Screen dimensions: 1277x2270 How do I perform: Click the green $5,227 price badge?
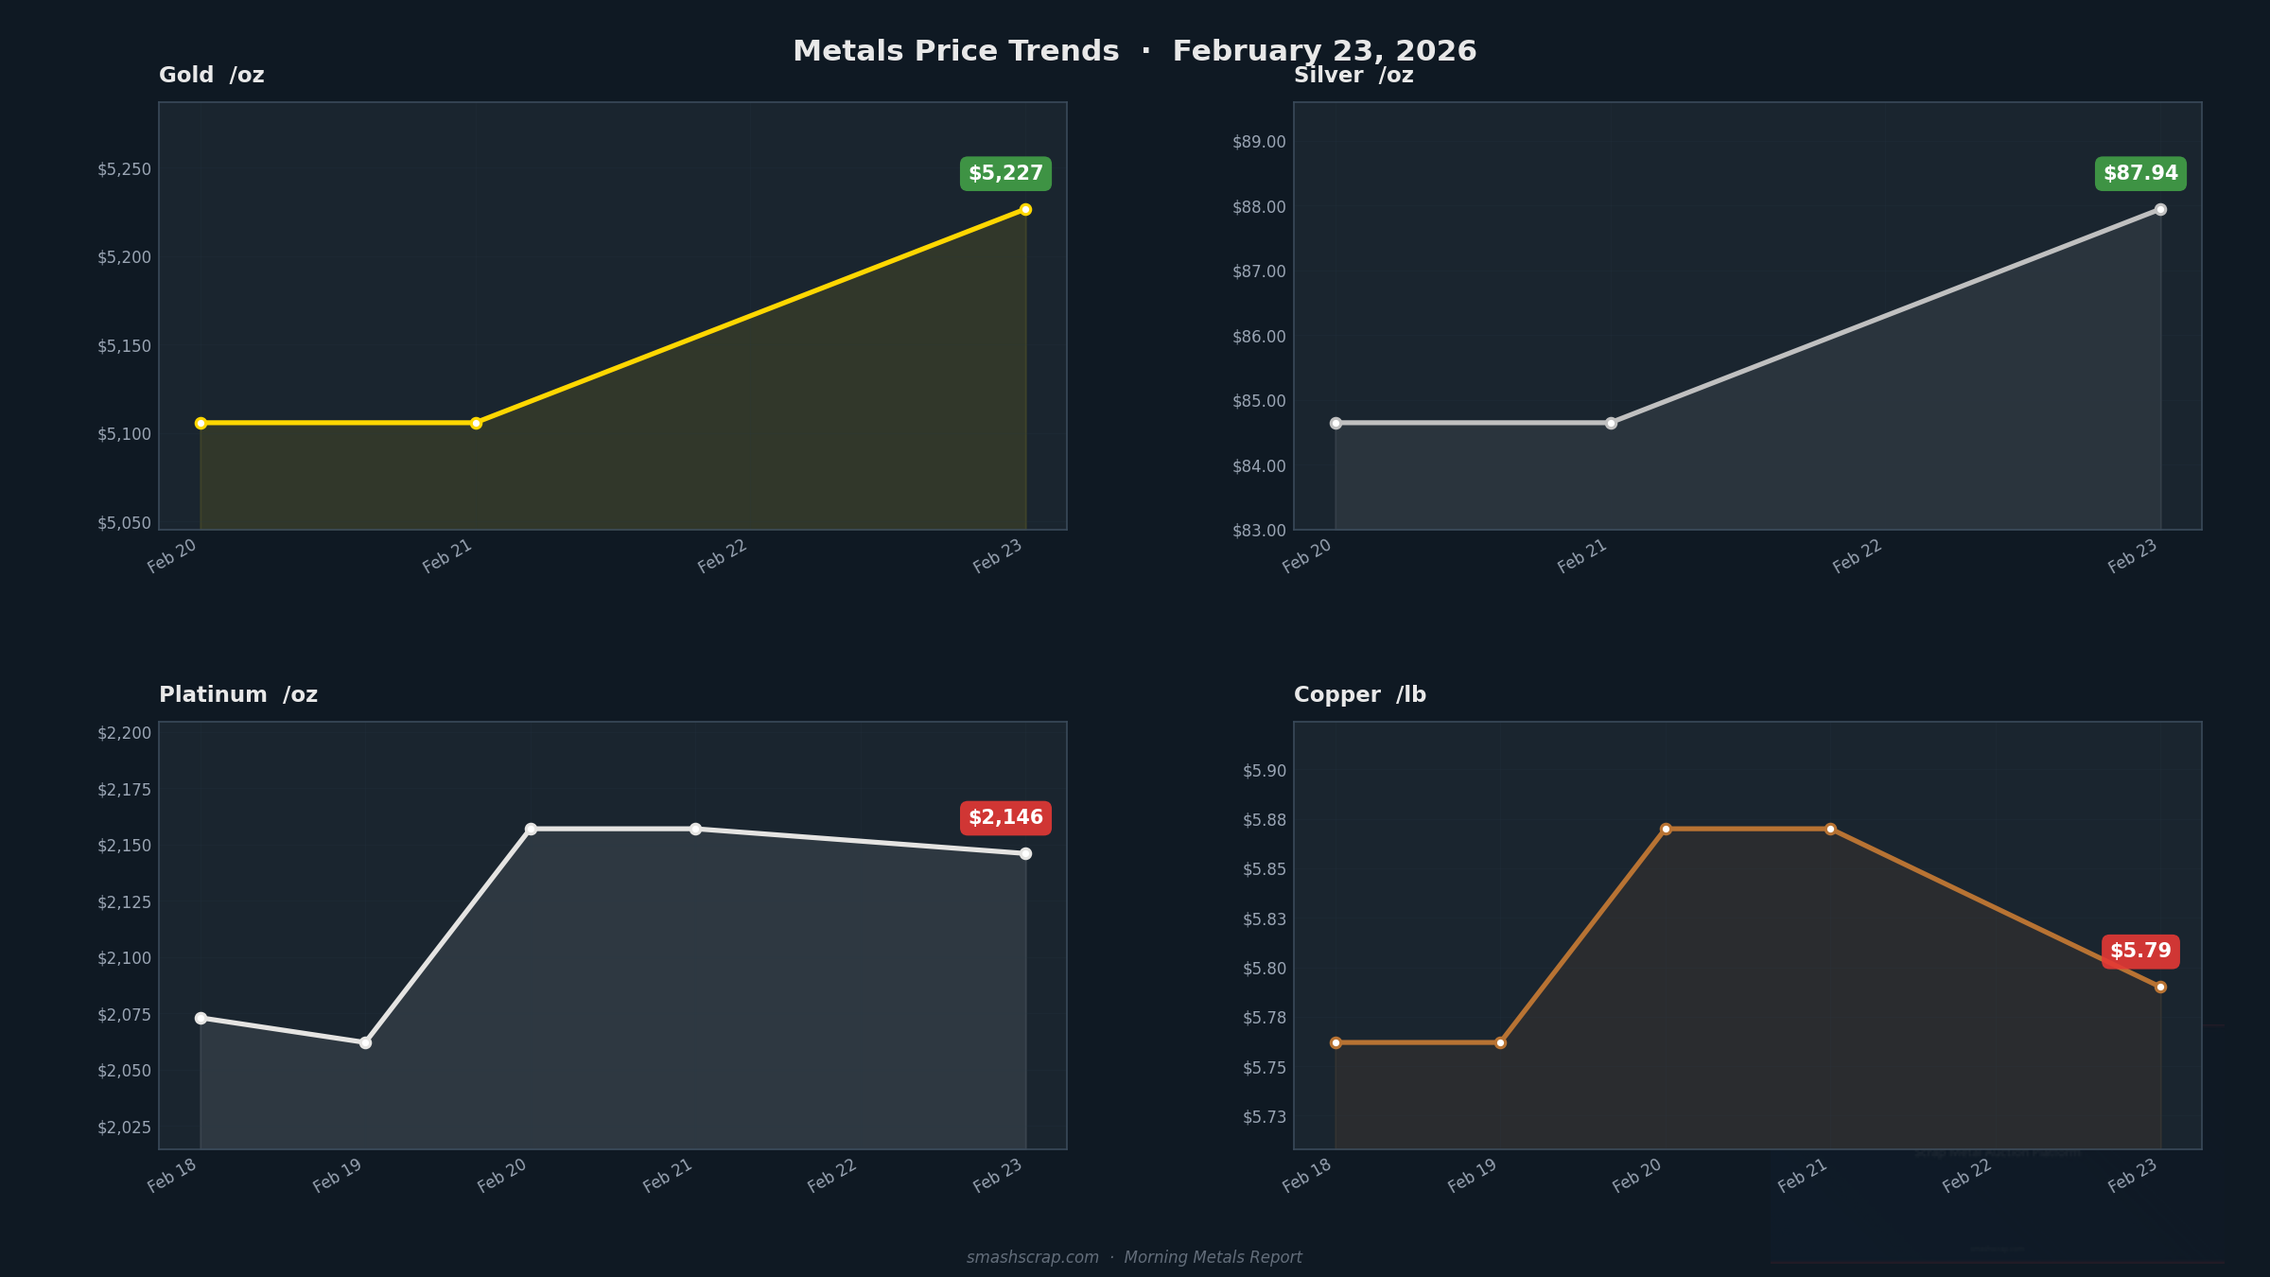click(x=1005, y=174)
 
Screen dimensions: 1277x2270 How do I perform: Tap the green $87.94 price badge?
click(x=2140, y=174)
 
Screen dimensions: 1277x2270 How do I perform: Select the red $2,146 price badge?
click(x=1005, y=818)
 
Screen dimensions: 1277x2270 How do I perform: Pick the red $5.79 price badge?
click(x=2140, y=952)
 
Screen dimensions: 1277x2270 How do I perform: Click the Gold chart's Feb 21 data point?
click(x=476, y=423)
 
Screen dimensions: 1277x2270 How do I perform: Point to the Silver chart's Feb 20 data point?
click(x=1336, y=423)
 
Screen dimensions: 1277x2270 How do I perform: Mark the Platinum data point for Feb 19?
click(x=365, y=1042)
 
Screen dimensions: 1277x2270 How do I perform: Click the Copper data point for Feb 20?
click(x=1666, y=829)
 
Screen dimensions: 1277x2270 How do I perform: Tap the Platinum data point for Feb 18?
click(x=201, y=1018)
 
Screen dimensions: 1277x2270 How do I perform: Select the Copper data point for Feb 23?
click(x=2160, y=987)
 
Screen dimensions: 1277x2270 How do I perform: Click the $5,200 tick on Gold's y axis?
click(x=124, y=257)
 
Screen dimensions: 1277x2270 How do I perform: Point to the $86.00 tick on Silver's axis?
click(x=1259, y=337)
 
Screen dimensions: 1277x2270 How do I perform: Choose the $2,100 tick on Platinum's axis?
click(x=124, y=958)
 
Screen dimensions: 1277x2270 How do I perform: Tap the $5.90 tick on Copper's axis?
click(x=1265, y=771)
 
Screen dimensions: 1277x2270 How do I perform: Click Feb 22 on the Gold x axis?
click(x=723, y=556)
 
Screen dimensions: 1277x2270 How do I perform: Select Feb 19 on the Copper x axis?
click(x=1473, y=1176)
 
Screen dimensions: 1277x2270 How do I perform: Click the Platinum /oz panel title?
click(x=238, y=695)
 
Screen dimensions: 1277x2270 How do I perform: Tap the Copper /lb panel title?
click(x=1360, y=695)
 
